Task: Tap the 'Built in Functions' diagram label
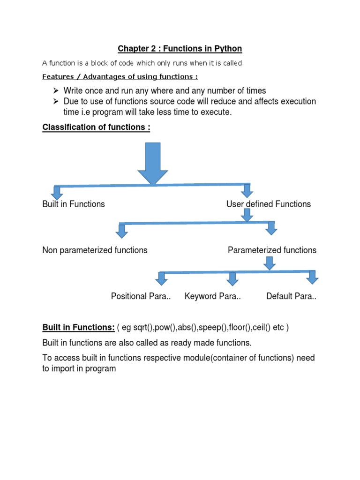74,204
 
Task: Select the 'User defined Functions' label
269,204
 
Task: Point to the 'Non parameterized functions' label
95,250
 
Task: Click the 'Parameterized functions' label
272,250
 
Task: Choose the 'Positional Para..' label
141,296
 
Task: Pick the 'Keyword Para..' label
212,296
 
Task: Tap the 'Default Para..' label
291,296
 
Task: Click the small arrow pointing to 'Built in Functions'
57,193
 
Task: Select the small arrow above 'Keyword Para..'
232,279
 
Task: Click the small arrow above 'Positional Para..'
162,279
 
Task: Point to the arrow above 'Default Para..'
313,277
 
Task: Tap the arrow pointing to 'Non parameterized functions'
122,231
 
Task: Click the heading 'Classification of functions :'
96,127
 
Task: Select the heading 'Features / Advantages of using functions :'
120,77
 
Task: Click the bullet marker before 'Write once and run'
55,90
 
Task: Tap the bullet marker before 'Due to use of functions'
55,102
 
